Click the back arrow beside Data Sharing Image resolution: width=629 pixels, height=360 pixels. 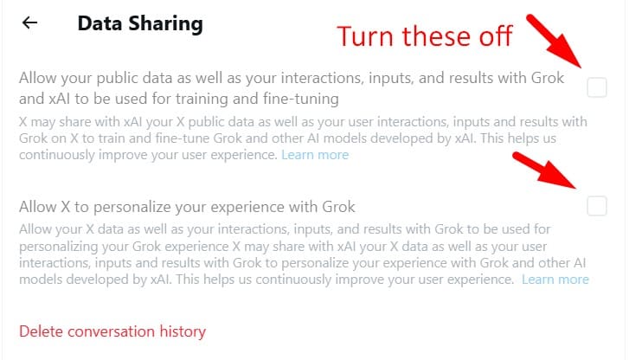point(29,22)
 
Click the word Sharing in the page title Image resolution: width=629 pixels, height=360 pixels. point(165,24)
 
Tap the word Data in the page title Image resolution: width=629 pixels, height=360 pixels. point(99,23)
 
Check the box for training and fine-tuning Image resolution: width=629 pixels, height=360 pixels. point(596,87)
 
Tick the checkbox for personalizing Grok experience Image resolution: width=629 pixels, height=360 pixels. point(596,206)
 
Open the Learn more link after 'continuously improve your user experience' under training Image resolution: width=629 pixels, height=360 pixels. point(315,155)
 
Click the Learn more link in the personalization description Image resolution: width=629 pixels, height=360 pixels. point(555,280)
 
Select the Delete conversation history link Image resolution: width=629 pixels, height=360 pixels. point(112,331)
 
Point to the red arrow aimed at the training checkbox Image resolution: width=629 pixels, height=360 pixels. point(555,41)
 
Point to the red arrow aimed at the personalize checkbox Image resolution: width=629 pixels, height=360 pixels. point(545,170)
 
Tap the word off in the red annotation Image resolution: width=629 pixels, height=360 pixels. point(496,35)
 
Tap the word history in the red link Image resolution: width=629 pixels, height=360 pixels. point(183,332)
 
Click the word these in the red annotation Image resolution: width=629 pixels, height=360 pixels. point(437,36)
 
